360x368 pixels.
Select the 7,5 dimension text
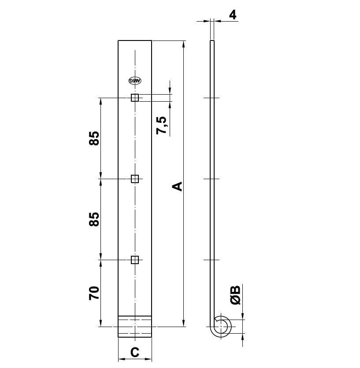[x=162, y=125]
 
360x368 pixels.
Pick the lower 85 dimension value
[x=93, y=219]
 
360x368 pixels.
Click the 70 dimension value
[x=93, y=293]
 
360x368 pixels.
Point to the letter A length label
[x=177, y=186]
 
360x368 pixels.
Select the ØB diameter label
[x=235, y=295]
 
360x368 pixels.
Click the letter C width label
[x=135, y=352]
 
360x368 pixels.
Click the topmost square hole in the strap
[x=135, y=98]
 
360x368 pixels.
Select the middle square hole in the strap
[x=135, y=179]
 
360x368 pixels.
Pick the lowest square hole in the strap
[x=135, y=260]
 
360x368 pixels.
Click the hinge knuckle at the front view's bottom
[x=135, y=326]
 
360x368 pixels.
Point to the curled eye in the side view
[x=221, y=327]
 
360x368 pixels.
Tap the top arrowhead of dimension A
[x=183, y=44]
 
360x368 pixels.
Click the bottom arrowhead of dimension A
[x=183, y=323]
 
